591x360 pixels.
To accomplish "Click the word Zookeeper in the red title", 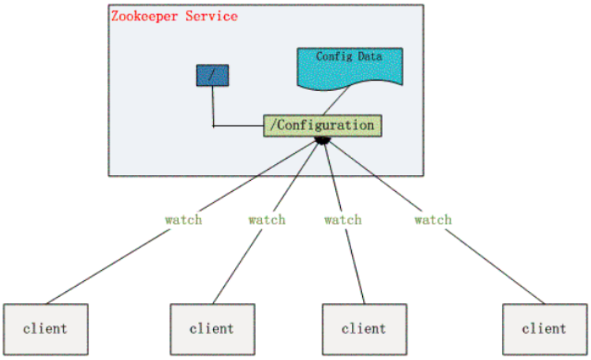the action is [144, 17].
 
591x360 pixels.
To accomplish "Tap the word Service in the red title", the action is [211, 17].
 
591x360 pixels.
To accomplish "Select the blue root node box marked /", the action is [212, 75].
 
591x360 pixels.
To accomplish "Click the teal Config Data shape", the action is [350, 68].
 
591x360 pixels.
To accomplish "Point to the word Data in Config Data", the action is [370, 57].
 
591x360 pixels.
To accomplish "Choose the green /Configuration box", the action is [323, 126].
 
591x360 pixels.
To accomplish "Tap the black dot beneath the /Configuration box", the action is [323, 141].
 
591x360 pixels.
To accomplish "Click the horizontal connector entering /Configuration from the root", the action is [238, 126].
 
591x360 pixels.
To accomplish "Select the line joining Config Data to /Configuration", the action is [336, 100].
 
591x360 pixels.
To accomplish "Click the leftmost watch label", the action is [184, 219].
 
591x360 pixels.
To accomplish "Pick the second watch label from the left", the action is [267, 219].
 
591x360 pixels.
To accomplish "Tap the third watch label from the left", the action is [343, 219].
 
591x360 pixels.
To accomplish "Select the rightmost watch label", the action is [433, 219].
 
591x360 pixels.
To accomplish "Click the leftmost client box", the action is [46, 329].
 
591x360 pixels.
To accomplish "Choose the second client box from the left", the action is [212, 329].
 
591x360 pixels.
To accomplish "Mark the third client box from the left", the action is [365, 329].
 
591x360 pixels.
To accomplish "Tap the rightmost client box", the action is [545, 329].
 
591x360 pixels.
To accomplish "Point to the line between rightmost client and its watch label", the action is [496, 267].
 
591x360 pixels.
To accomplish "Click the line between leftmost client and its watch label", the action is [108, 267].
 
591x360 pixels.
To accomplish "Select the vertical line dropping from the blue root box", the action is [213, 107].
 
